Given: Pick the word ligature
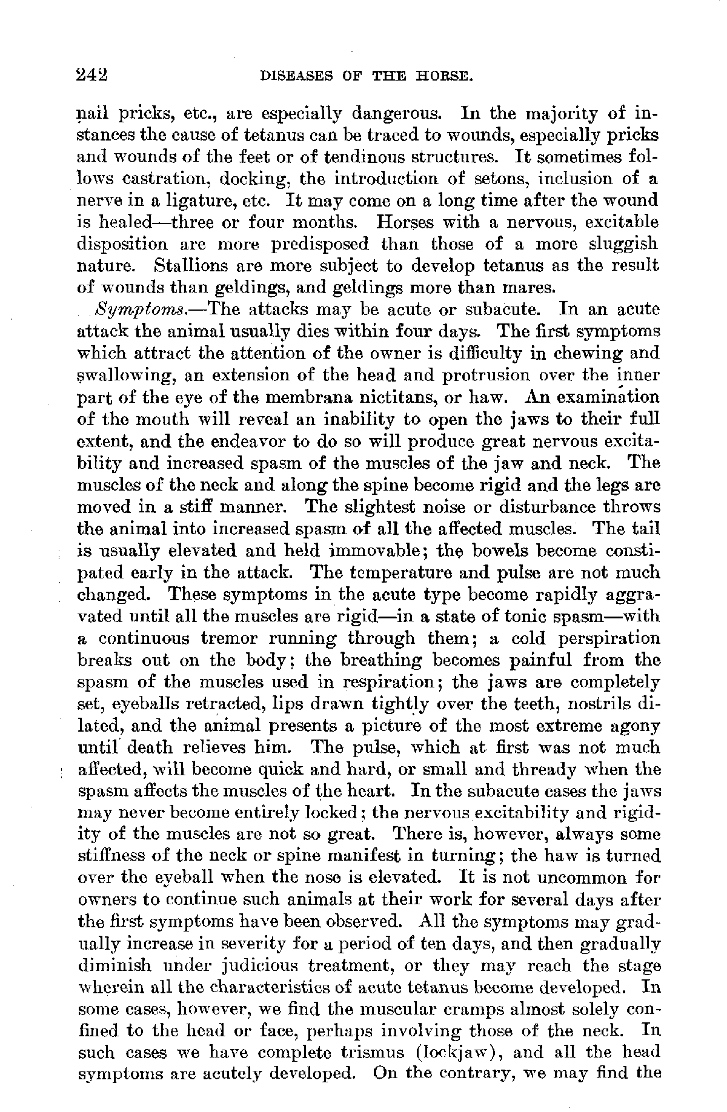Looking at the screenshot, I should point(193,200).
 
